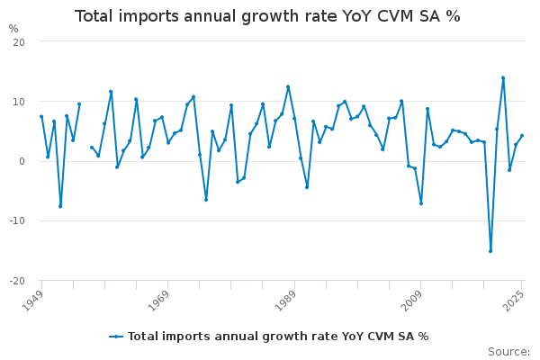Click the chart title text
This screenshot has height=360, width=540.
pyautogui.click(x=267, y=16)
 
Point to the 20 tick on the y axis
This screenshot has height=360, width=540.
pyautogui.click(x=19, y=42)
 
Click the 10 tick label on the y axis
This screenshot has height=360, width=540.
pyautogui.click(x=19, y=102)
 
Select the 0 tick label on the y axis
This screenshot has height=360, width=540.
pyautogui.click(x=22, y=161)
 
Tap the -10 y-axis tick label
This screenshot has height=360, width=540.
pyautogui.click(x=17, y=220)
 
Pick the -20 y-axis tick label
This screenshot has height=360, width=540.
pyautogui.click(x=17, y=281)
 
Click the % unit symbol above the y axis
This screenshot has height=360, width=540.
pyautogui.click(x=13, y=29)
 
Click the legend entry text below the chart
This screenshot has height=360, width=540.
pyautogui.click(x=278, y=337)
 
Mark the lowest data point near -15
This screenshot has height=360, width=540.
pyautogui.click(x=490, y=251)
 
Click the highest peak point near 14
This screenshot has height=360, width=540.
pyautogui.click(x=503, y=77)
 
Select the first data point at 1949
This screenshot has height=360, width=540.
pyautogui.click(x=41, y=116)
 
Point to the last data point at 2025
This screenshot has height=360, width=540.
pyautogui.click(x=522, y=136)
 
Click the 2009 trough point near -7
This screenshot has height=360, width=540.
pyautogui.click(x=421, y=203)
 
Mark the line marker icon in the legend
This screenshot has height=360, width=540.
pyautogui.click(x=116, y=337)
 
